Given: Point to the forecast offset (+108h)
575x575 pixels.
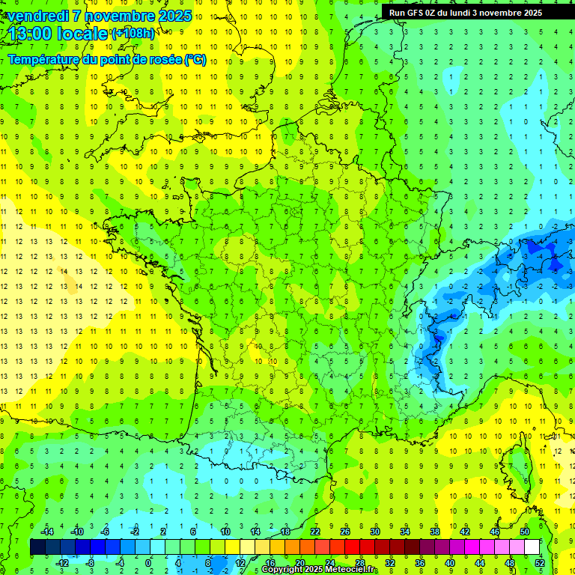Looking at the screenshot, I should [x=134, y=34].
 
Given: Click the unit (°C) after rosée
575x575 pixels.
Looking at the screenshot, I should [x=195, y=59].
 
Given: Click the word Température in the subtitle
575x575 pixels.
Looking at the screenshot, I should [x=44, y=59].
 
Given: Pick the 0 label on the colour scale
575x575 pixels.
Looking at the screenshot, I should [x=148, y=563].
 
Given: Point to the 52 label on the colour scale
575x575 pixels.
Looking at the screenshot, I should [x=540, y=563].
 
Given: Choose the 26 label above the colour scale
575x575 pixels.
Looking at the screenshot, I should [x=345, y=532].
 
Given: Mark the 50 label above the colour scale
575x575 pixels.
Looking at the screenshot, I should [x=525, y=532].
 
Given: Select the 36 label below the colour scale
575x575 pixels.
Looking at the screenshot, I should [x=420, y=563].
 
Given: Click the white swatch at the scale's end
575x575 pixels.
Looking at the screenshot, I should [x=532, y=547].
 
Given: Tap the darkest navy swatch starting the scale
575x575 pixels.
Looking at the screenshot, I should [x=37, y=547].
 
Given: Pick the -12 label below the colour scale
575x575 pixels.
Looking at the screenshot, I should [x=62, y=563].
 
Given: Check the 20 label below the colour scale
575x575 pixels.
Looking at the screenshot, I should [x=300, y=563].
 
